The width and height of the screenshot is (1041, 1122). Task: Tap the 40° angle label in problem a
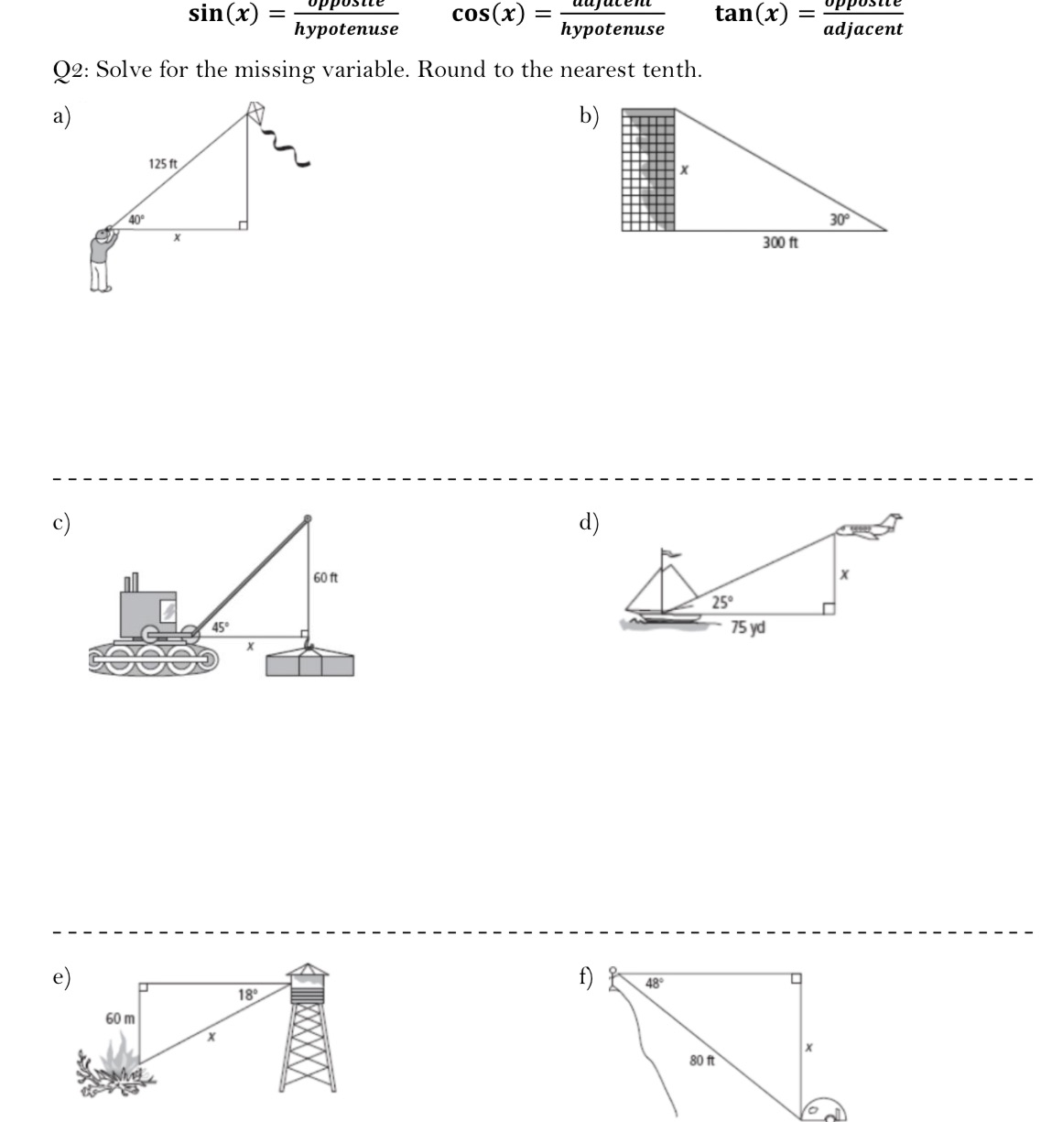136,219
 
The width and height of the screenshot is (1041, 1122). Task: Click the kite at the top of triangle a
256,113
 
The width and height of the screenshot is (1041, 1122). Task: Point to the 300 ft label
780,243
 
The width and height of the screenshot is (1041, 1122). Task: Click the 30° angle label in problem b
840,219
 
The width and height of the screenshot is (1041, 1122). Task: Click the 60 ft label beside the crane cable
325,578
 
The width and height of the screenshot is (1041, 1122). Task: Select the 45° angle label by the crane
221,627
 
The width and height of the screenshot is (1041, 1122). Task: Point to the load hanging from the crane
309,662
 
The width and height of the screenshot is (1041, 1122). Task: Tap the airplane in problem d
868,527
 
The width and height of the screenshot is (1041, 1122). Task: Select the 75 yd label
748,627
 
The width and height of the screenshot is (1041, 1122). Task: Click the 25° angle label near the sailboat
722,602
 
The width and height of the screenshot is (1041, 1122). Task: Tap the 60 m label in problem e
120,1019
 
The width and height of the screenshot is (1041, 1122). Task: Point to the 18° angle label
247,995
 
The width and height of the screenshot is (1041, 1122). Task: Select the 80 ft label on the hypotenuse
702,1060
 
